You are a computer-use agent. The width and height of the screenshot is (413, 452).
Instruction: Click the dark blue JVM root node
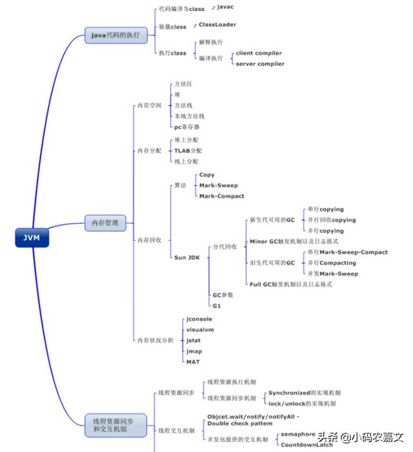point(31,237)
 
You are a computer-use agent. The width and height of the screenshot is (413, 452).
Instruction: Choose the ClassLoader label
point(217,25)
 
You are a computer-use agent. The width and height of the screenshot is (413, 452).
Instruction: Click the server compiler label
point(259,64)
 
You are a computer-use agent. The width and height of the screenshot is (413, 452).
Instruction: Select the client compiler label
point(259,53)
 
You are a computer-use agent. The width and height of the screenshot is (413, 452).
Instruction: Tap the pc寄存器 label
point(186,126)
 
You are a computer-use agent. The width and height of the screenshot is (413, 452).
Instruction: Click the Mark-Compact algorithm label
point(221,196)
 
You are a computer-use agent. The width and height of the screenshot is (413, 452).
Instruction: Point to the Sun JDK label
point(187,257)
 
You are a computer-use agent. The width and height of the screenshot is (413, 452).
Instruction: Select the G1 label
point(217,305)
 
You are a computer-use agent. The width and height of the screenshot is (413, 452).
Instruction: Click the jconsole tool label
point(199,319)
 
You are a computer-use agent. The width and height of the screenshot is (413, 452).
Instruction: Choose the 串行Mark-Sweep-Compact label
point(347,252)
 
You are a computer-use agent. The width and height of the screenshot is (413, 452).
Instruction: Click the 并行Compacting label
point(331,263)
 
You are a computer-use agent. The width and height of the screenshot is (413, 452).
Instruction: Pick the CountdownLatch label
point(306,444)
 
